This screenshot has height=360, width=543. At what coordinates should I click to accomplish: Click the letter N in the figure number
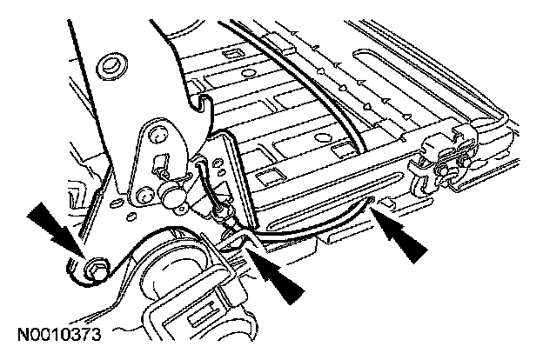click(20, 333)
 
